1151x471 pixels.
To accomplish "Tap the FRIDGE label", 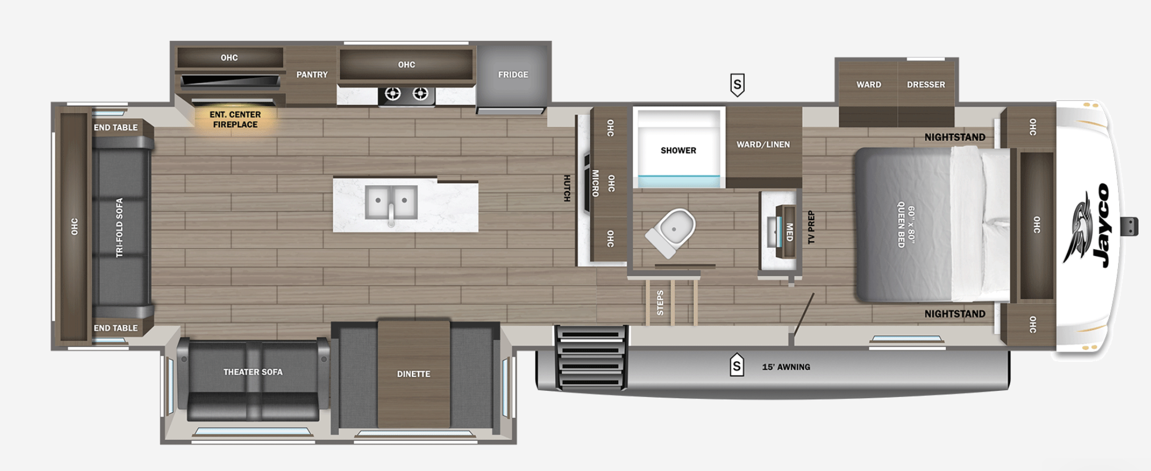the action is [513, 75].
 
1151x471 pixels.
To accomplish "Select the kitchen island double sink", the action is [391, 203].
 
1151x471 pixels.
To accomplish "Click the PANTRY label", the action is [312, 75].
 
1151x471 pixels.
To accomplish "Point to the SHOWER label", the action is [678, 150].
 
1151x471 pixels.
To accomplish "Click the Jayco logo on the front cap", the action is [1087, 226].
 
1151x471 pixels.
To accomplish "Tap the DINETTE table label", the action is [414, 374].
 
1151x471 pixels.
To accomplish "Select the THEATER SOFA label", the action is [253, 372].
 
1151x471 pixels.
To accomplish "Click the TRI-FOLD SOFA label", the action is [119, 228].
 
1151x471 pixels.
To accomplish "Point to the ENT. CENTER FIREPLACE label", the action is [235, 119].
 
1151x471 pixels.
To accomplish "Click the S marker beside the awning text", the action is [737, 365].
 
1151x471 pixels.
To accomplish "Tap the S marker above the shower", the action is [737, 85].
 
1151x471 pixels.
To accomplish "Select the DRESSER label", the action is [926, 85].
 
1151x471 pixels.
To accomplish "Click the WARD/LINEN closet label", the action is [763, 144].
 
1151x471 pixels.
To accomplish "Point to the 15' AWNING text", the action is [786, 367].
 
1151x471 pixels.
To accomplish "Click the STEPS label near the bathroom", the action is [660, 303].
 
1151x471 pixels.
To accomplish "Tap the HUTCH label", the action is [566, 188].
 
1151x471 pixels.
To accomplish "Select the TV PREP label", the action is [811, 228].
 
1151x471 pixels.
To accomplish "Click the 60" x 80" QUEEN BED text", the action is [906, 226].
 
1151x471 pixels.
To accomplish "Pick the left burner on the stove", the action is [393, 94].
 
